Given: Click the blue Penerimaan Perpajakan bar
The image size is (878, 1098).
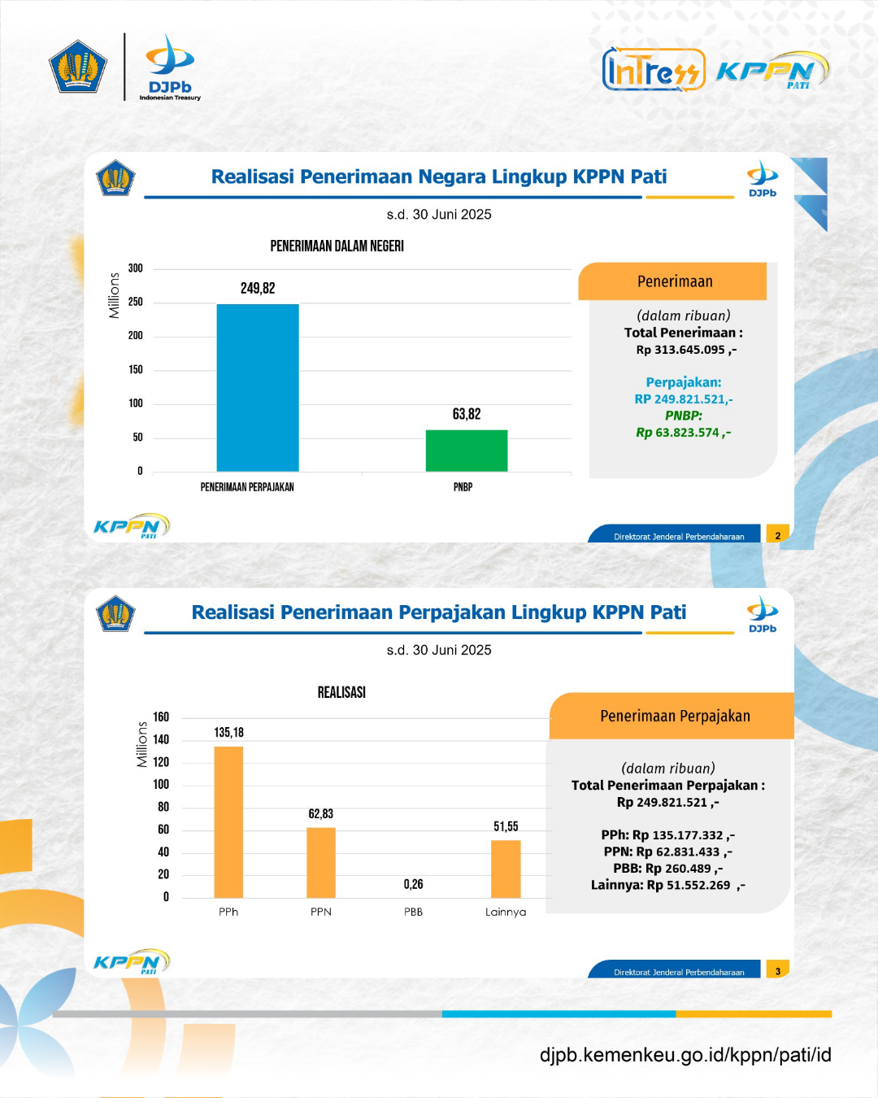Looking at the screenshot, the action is [258, 387].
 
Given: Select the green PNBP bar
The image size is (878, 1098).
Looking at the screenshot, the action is [467, 451].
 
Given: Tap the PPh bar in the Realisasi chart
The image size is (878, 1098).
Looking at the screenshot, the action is [228, 822].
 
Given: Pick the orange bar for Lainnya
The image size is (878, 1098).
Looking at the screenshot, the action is [506, 869].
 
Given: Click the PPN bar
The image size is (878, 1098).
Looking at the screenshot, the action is [321, 863].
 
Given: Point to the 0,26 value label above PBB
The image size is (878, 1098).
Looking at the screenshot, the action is [413, 884].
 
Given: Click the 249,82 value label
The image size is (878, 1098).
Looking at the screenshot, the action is [258, 288].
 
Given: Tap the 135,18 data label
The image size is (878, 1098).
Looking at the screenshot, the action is [228, 733].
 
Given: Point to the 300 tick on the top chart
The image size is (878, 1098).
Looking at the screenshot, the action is [135, 268].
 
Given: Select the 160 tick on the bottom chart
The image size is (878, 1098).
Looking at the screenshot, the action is [161, 717].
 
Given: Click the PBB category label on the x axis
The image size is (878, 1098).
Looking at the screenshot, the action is [413, 912].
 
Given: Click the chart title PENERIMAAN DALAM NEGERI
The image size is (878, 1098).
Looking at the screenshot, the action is [337, 246].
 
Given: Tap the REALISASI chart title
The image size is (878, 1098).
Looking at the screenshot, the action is [341, 692].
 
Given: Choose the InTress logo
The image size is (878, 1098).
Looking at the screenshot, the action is [654, 69].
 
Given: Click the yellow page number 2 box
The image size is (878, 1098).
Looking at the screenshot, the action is [777, 534].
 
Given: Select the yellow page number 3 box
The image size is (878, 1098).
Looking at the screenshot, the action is [777, 969].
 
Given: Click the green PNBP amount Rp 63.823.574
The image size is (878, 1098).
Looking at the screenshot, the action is [683, 433].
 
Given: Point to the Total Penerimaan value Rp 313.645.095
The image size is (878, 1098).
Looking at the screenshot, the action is [686, 350].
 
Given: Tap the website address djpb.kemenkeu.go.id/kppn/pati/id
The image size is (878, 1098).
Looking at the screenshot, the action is [685, 1054].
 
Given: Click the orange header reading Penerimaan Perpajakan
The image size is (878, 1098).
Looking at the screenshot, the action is [672, 716].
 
